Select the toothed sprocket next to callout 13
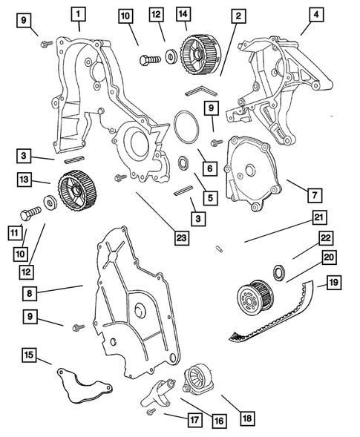coord(72,189)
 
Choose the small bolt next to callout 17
coord(151,410)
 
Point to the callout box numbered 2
coord(237,14)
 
